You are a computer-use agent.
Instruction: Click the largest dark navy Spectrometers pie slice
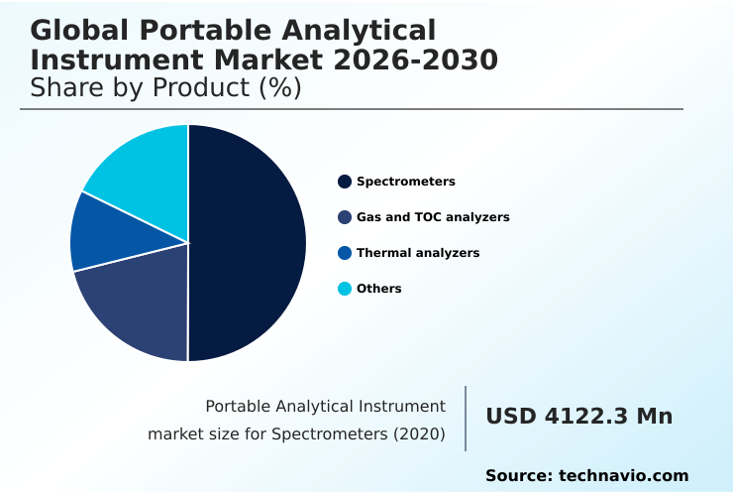click(248, 243)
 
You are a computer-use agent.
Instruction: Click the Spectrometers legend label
click(405, 182)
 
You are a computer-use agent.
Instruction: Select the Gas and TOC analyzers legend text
click(433, 217)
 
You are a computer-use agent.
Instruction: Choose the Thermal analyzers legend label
click(417, 253)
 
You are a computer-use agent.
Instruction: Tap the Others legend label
click(378, 289)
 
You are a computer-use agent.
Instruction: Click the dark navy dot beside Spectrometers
click(345, 182)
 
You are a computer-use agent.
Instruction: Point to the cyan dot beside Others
click(345, 289)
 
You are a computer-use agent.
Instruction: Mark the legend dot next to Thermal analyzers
click(345, 253)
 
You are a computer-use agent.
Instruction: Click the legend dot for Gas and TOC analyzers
click(345, 217)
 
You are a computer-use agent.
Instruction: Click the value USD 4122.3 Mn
click(578, 417)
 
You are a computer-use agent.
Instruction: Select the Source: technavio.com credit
click(586, 476)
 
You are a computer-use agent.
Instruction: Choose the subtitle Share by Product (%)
click(165, 88)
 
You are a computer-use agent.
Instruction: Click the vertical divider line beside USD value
click(466, 419)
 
